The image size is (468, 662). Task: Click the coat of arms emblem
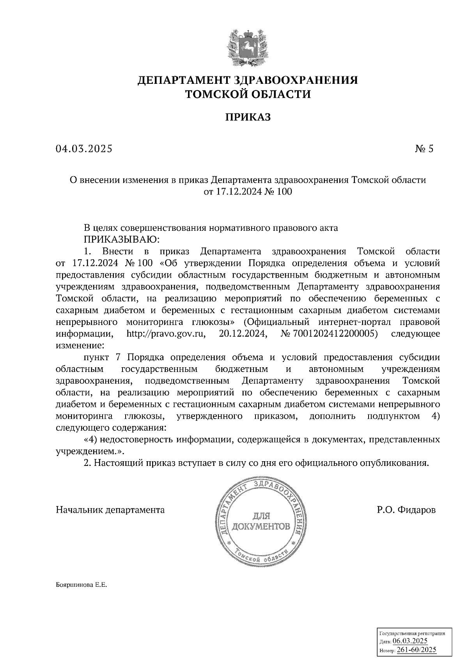click(247, 46)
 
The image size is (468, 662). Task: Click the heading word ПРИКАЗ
click(247, 117)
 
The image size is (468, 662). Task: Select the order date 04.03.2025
click(84, 149)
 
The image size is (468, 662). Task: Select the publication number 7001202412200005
click(335, 334)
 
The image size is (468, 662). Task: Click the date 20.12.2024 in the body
click(240, 334)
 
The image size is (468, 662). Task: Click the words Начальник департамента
click(110, 510)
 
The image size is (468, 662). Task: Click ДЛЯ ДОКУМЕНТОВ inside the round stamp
click(261, 522)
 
